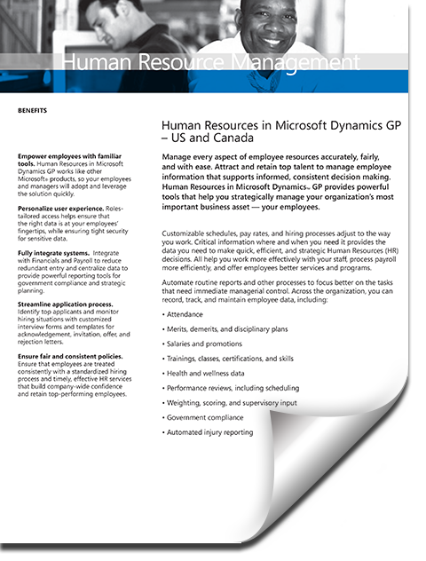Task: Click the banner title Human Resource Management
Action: click(208, 61)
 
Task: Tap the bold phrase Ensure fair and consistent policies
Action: click(69, 355)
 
